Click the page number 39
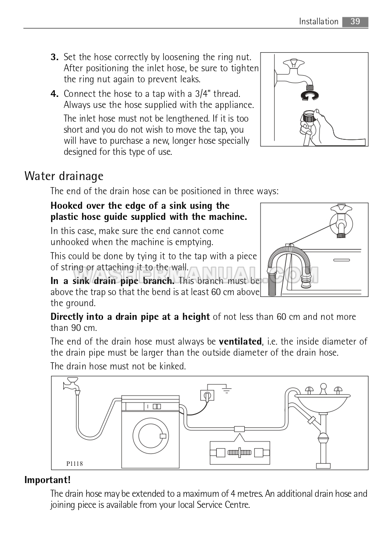[x=355, y=22]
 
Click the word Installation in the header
[x=319, y=22]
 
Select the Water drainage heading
[x=64, y=176]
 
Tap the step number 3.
[x=54, y=57]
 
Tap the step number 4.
[x=54, y=94]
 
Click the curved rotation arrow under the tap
[x=310, y=96]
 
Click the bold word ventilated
[x=240, y=342]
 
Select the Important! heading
[x=47, y=480]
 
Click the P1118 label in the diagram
[x=74, y=464]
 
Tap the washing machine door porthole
[x=151, y=436]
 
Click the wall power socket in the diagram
[x=208, y=395]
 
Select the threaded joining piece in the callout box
[x=239, y=453]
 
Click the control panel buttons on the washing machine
[x=157, y=407]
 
